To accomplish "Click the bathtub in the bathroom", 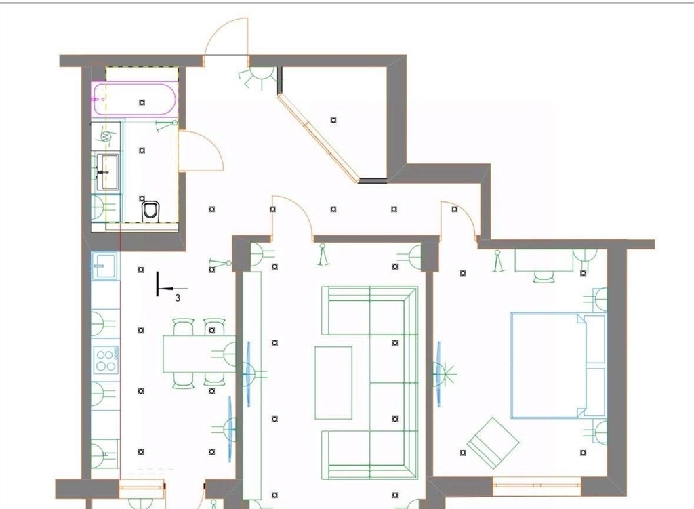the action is point(136,99).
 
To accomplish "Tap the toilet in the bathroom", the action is point(150,211).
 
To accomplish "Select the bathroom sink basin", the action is point(108,171).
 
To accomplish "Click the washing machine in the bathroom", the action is point(106,136).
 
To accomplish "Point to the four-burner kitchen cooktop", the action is point(106,360).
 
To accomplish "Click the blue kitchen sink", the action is point(104,266).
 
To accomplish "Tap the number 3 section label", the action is point(178,298).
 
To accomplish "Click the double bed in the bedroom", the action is point(558,365).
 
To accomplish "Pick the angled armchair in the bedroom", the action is point(493,443).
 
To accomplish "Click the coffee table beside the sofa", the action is point(333,383).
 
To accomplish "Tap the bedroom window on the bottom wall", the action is point(537,487).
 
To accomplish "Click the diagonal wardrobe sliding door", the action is point(319,138).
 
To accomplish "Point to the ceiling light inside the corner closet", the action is point(333,120).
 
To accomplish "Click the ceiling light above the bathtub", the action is point(142,102).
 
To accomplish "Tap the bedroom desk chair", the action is point(544,277).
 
